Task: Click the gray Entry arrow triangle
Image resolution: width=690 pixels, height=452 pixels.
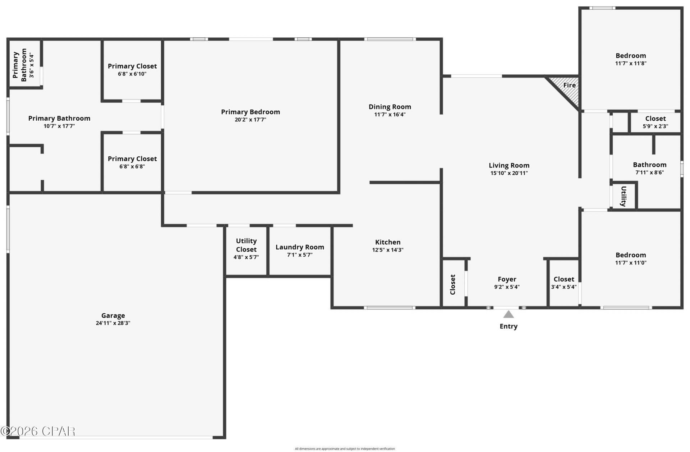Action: coord(508,314)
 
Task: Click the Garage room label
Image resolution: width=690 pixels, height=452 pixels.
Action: coord(113,315)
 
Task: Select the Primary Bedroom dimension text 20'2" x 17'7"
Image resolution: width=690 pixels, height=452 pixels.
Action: coord(250,120)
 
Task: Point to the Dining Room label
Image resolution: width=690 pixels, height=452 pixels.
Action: coord(390,107)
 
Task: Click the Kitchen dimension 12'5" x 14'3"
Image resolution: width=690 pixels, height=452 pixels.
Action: coord(388,250)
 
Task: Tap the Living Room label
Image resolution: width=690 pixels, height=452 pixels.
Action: coord(509,165)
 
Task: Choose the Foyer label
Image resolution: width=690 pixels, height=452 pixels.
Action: coord(507,279)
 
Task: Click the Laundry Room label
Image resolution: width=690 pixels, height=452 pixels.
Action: coord(300,247)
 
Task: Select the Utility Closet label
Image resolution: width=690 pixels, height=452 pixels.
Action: coord(246,245)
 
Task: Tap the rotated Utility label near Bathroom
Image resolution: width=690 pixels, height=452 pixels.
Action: coord(624,196)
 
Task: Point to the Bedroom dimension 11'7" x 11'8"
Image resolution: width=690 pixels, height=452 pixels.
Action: coord(631,63)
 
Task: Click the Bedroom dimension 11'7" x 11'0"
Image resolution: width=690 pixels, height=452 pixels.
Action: coord(631,263)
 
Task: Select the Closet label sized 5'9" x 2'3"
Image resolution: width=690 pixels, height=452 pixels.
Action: coord(655,119)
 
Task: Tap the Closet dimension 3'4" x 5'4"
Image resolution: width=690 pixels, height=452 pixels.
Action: coord(564,287)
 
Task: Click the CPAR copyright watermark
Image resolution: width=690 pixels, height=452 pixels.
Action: coord(38,431)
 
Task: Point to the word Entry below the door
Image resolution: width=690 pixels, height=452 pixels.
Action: coord(509,326)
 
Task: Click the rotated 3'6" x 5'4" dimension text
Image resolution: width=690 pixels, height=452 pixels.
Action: coord(32,65)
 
